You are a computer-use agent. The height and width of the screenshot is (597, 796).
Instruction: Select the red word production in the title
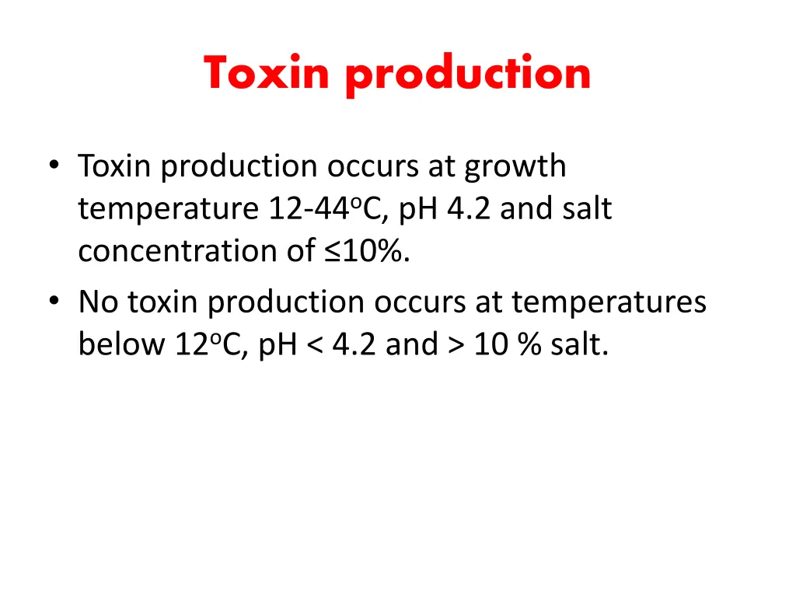pyautogui.click(x=468, y=75)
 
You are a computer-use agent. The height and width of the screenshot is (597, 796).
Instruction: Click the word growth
pyautogui.click(x=515, y=167)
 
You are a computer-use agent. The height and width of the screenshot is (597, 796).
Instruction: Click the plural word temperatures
pyautogui.click(x=609, y=302)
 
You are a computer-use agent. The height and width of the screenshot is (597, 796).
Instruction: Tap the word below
pyautogui.click(x=117, y=344)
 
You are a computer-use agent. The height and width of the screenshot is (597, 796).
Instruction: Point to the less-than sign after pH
pyautogui.click(x=313, y=344)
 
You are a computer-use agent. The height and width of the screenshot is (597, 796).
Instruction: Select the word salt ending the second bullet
pyautogui.click(x=579, y=344)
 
